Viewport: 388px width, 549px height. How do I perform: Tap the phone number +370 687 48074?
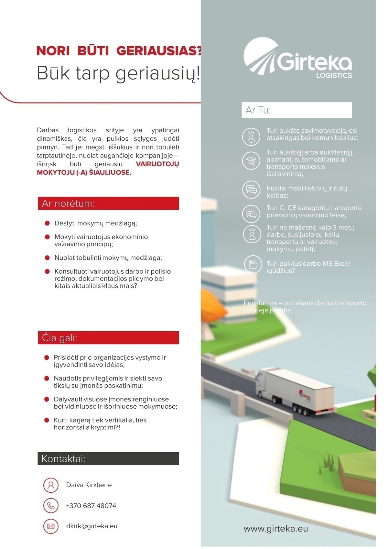coord(91,506)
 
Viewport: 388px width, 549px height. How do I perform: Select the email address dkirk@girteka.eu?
coord(92,526)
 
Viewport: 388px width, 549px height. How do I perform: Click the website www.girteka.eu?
coord(275,529)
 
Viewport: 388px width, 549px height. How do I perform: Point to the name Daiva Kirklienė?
coord(89,485)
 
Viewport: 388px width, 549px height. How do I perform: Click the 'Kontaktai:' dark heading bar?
coord(108,459)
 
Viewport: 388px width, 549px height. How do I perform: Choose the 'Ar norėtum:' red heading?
coord(108,203)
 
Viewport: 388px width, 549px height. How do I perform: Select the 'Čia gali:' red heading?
coord(108,338)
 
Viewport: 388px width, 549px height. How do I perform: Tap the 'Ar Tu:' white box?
coord(296,110)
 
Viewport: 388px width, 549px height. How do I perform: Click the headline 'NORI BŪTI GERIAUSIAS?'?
coord(119,51)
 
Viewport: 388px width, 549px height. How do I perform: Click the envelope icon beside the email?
coord(51,526)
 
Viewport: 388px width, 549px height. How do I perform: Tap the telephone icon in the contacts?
coord(51,506)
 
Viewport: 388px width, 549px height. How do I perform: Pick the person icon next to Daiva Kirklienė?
coord(51,485)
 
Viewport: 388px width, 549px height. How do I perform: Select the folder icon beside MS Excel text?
coord(253,264)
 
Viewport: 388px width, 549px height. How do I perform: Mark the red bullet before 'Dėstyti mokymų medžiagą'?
coord(47,223)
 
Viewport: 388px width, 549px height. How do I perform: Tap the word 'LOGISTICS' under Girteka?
coord(334,75)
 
